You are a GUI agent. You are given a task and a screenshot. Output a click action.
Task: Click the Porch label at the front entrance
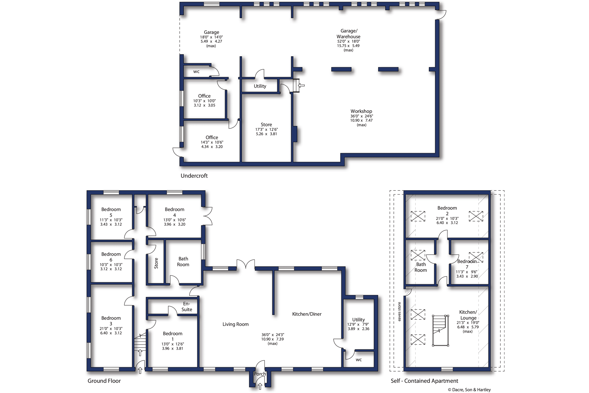[x=260, y=374]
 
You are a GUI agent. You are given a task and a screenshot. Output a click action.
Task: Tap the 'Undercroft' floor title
[x=194, y=176]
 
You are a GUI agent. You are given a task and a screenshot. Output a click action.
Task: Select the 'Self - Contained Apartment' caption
[x=424, y=381]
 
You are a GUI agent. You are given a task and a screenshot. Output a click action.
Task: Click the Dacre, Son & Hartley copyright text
[x=469, y=390]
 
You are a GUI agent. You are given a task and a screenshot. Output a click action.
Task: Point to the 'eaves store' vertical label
[x=399, y=311]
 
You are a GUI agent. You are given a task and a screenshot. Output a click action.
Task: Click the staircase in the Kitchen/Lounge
[x=440, y=331]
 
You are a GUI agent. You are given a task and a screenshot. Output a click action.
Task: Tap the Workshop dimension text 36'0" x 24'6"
[x=361, y=116]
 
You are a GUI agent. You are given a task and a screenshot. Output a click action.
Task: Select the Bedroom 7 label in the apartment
[x=467, y=264]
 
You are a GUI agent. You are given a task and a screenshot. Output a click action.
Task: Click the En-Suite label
[x=186, y=306]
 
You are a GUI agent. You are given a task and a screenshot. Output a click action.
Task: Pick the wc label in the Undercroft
[x=196, y=72]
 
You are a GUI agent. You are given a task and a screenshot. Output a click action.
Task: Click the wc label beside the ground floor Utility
[x=358, y=360]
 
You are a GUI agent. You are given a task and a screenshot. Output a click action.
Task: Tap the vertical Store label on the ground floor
[x=156, y=263]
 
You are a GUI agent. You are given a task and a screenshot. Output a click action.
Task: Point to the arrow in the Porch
[x=260, y=386]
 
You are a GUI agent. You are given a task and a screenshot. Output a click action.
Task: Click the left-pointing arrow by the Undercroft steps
[x=301, y=85]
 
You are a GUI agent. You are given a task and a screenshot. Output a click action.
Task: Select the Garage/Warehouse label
[x=348, y=34]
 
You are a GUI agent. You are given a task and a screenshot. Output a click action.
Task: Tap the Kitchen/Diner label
[x=307, y=314]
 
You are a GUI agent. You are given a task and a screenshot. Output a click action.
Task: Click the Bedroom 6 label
[x=111, y=257]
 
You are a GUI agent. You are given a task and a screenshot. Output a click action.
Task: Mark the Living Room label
[x=235, y=324]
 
